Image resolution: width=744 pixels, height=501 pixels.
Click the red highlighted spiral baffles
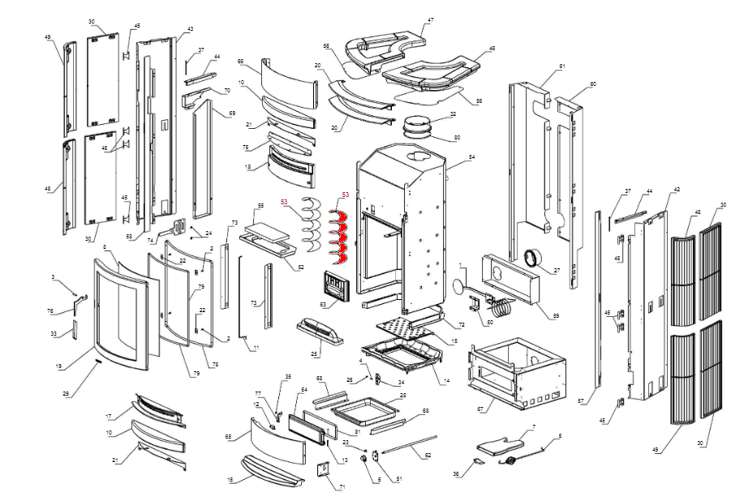(x=340, y=235)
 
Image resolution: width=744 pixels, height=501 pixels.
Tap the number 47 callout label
(x=431, y=19)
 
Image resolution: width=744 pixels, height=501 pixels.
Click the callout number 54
(x=471, y=156)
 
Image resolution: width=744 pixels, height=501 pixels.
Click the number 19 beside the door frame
(x=59, y=366)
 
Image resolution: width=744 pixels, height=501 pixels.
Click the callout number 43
(x=190, y=29)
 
